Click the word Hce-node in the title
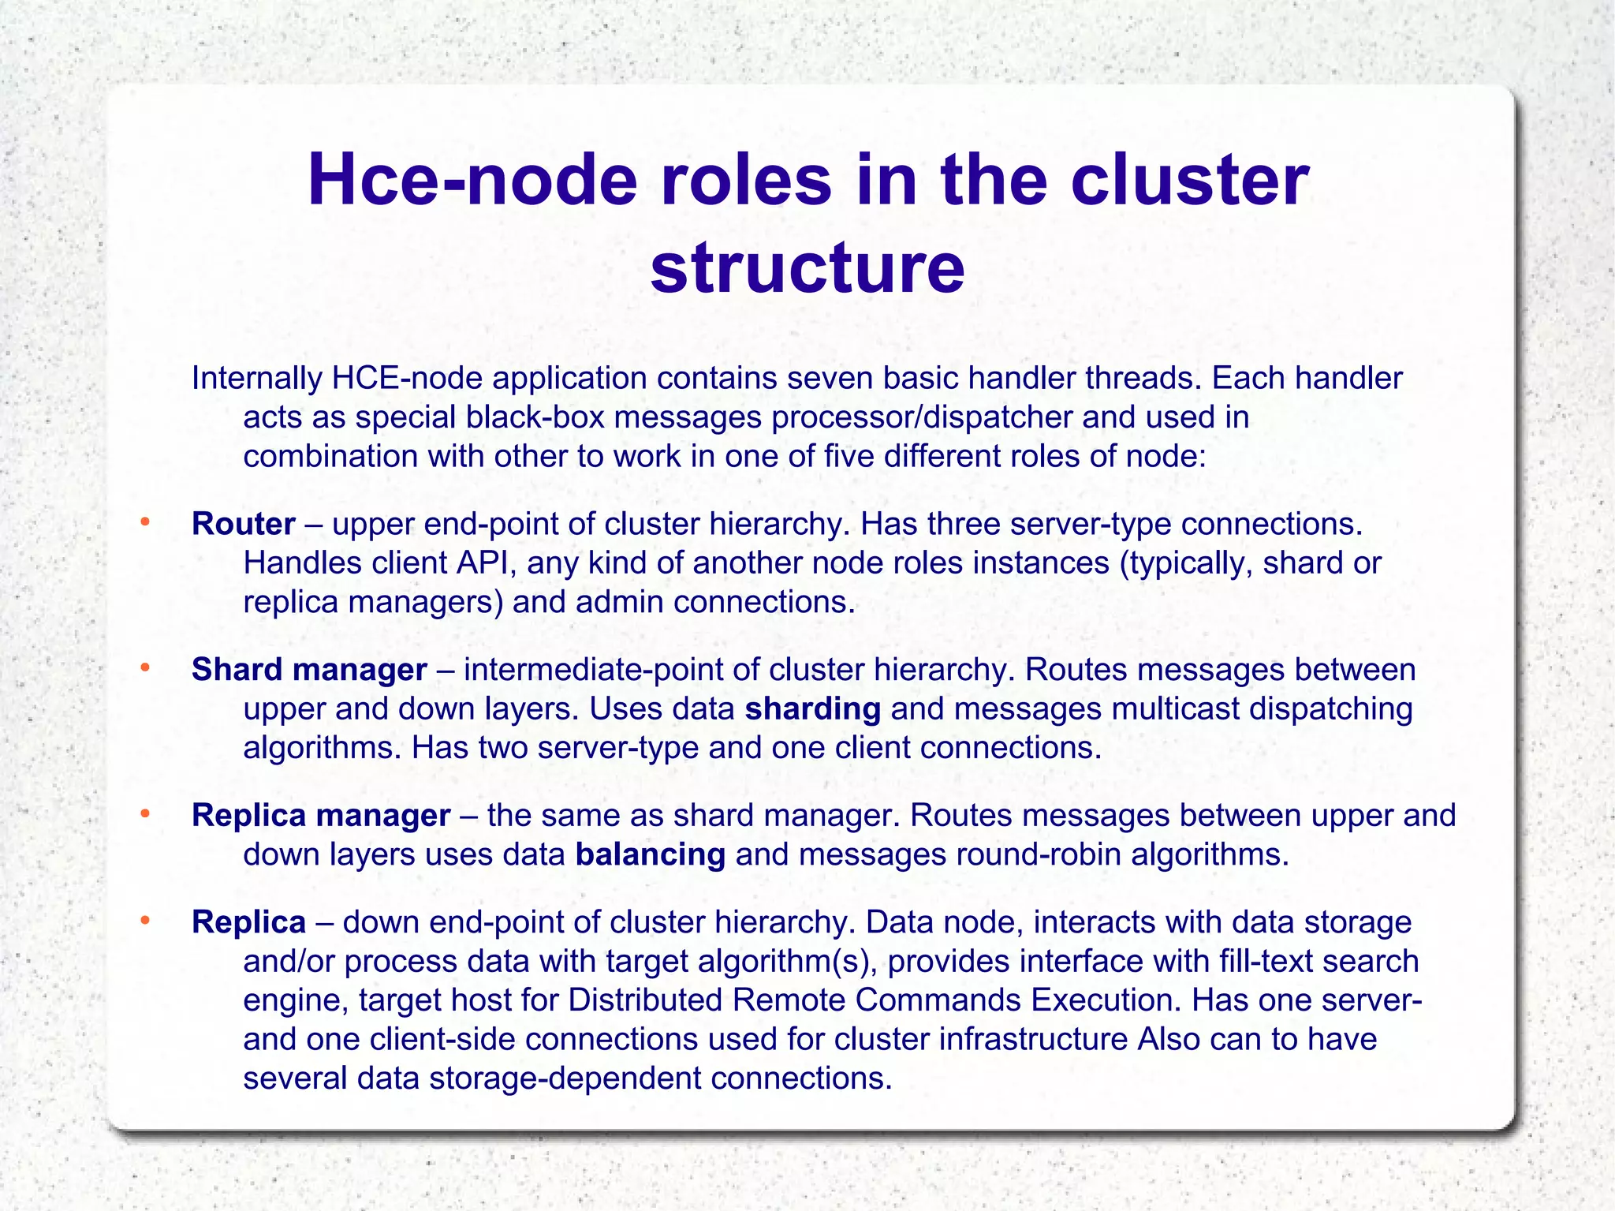(x=472, y=181)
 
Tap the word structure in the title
(x=807, y=267)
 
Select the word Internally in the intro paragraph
(x=256, y=379)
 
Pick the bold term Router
(x=244, y=524)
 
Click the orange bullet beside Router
(x=144, y=521)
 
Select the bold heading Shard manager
(x=309, y=670)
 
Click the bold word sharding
(x=812, y=708)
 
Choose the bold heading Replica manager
(x=321, y=815)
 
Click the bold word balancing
(x=650, y=854)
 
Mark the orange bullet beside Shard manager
(x=144, y=667)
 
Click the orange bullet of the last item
(x=144, y=920)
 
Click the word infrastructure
(x=1033, y=1039)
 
